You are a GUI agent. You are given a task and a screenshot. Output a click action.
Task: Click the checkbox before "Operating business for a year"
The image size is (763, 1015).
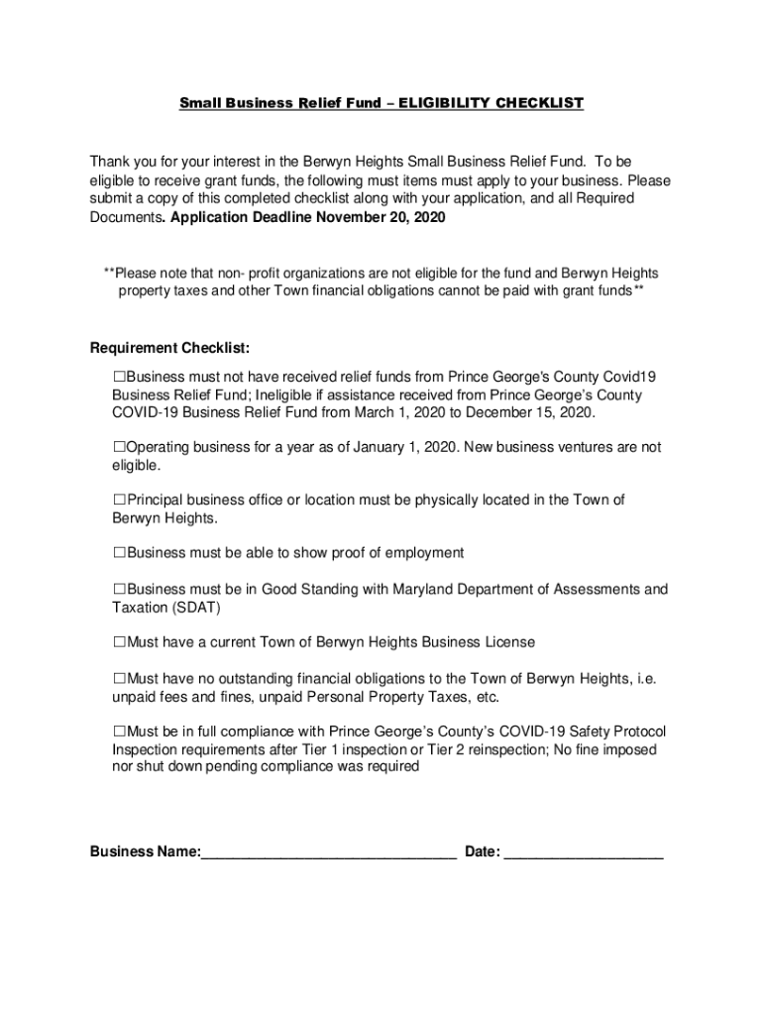pos(120,447)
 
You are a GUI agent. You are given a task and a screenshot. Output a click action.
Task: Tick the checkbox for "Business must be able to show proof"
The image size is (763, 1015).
pos(120,552)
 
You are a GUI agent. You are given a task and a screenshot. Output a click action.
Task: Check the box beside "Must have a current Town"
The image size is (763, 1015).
pos(120,642)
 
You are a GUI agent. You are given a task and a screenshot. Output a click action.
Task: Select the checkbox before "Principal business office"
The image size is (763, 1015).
pos(120,501)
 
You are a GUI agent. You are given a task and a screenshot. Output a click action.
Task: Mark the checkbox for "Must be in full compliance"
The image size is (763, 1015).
pos(120,732)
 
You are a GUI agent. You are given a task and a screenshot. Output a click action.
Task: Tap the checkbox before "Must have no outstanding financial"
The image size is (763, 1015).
pos(120,678)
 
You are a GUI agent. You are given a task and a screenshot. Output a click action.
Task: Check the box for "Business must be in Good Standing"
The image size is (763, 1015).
pos(120,590)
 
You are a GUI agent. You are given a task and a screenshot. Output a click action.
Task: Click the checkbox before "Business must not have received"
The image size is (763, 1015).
pos(120,377)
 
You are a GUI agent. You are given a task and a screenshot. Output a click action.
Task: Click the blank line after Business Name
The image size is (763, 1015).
pos(328,852)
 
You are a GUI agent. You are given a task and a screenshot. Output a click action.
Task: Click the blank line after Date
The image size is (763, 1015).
pos(584,852)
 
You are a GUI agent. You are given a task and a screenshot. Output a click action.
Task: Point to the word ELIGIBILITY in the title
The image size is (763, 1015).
pos(441,103)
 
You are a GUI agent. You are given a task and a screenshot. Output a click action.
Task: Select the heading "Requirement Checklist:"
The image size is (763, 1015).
pos(169,348)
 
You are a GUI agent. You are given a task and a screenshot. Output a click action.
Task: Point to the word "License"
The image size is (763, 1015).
pos(509,642)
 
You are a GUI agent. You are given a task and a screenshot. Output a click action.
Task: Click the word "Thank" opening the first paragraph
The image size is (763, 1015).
pos(110,161)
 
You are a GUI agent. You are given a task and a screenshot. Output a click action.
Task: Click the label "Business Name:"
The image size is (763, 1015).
pos(145,852)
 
